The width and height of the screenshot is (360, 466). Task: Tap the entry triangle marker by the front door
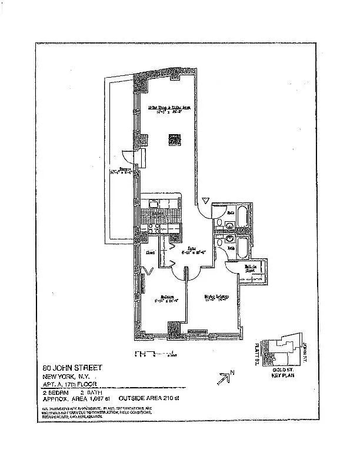click(205, 201)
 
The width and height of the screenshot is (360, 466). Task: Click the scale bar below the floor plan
click(155, 354)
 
